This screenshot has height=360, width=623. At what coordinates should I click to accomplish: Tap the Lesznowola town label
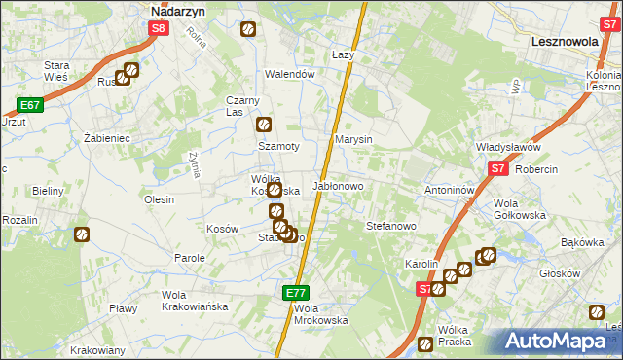(570, 43)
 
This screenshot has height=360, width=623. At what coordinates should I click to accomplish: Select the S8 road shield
(159, 29)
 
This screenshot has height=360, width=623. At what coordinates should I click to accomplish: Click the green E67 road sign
(28, 105)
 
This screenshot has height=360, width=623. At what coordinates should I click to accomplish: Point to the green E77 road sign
(297, 292)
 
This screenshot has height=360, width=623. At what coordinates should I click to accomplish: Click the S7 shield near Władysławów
(497, 168)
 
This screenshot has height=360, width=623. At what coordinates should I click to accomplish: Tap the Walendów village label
(290, 74)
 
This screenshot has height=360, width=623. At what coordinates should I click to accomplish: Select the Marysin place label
(353, 140)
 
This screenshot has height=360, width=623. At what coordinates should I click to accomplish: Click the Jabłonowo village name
(337, 186)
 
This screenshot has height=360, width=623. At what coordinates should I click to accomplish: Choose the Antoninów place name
(449, 190)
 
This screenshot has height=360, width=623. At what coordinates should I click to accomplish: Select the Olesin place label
(159, 199)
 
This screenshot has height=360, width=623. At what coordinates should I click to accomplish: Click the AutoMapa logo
(558, 342)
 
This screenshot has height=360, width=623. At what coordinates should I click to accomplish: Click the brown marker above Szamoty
(263, 125)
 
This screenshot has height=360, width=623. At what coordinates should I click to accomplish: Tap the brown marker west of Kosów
(82, 234)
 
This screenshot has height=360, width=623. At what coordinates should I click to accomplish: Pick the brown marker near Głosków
(596, 312)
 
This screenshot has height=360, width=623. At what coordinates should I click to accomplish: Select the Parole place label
(189, 258)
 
